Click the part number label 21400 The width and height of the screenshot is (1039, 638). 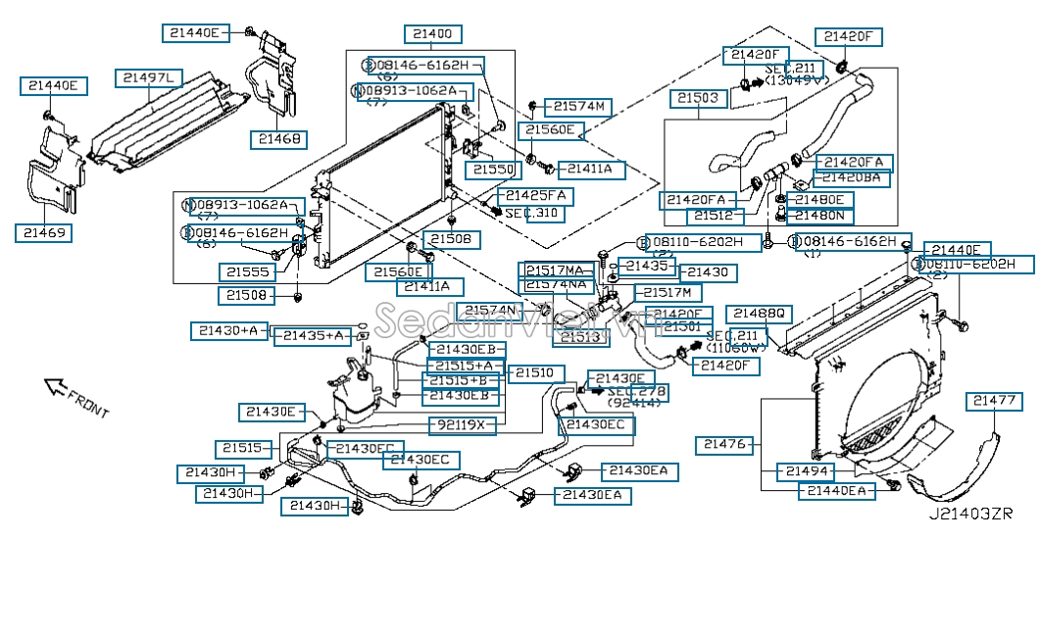[432, 33]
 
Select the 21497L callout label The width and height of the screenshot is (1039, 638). [148, 77]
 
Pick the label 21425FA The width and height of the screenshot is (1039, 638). [535, 196]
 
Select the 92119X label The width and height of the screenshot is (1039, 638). [463, 425]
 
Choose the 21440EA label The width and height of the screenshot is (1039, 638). [833, 491]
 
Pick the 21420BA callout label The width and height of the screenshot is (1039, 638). [854, 178]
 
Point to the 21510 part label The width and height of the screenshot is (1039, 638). [534, 372]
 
